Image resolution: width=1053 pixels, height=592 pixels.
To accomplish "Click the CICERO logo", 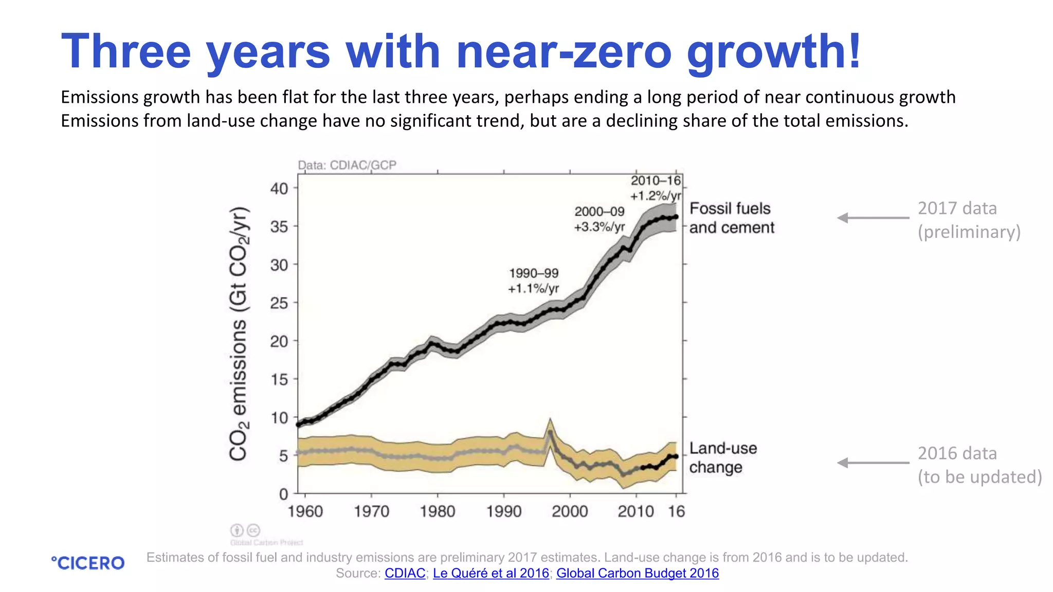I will pos(88,563).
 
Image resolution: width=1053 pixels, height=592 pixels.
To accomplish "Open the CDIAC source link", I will pos(405,573).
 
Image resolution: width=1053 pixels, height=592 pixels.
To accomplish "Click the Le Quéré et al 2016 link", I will pos(491,573).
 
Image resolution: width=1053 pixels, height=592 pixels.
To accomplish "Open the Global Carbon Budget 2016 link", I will pos(637,573).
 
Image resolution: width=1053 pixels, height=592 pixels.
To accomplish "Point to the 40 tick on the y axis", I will pos(280,189).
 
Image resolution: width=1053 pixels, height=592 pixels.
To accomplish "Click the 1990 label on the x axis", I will pos(503,511).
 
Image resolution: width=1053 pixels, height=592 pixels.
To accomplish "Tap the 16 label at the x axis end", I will pos(676,511).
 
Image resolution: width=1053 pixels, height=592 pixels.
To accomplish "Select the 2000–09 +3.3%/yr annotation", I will pos(600,219).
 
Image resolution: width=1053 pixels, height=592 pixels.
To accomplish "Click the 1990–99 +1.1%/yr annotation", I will pos(533,281).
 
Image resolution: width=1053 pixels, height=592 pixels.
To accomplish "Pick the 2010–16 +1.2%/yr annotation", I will pos(656,188).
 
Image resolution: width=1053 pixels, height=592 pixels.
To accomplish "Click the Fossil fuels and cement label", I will pos(731,218).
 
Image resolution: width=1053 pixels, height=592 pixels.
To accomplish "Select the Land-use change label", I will pos(722,457).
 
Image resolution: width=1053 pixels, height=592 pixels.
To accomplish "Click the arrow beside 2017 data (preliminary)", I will pos(873,218).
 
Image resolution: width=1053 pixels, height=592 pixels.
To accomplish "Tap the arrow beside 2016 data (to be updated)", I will pos(873,463).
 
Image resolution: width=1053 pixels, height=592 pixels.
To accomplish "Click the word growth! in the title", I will pos(773,51).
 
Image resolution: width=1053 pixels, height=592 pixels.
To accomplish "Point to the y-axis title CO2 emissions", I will pos(240,334).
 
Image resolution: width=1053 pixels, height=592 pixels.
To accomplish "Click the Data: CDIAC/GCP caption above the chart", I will pos(347,165).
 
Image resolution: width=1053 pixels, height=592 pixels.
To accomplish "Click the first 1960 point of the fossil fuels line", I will pos(299,424).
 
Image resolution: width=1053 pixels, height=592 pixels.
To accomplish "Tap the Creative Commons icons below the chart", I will pos(245,530).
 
